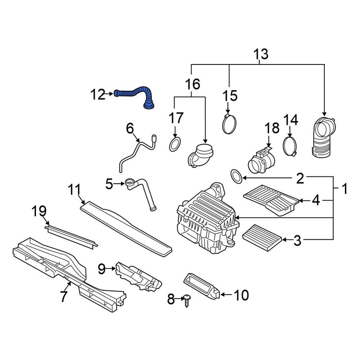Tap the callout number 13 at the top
[261, 54]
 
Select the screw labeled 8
[186, 299]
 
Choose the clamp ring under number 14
[290, 146]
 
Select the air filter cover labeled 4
[271, 199]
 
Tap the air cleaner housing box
[205, 220]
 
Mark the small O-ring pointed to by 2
[236, 177]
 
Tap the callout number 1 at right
[345, 189]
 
